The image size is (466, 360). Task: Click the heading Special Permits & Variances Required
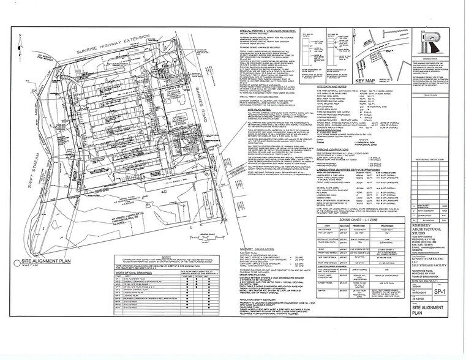(x=270, y=29)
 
